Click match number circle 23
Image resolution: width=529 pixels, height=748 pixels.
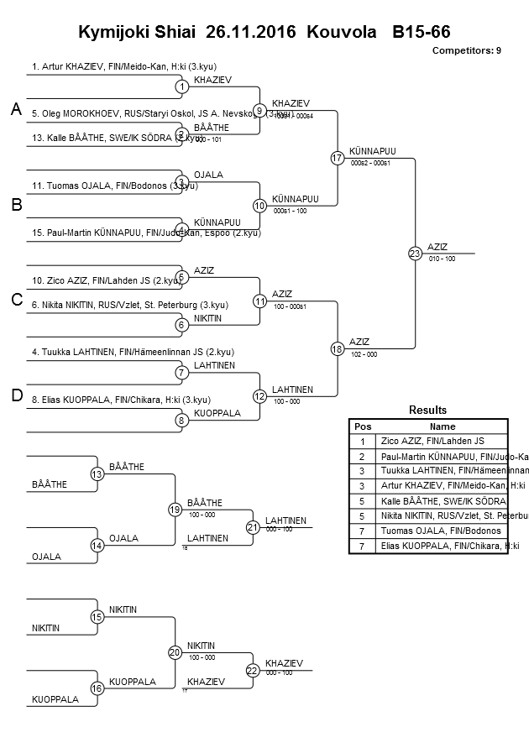point(414,253)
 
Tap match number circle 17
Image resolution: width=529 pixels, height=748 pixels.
point(337,158)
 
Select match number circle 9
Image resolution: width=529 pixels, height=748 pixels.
point(259,110)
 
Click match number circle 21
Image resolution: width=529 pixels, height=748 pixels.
point(252,527)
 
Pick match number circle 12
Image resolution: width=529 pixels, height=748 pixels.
point(259,395)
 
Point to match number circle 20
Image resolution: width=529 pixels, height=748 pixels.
point(175,651)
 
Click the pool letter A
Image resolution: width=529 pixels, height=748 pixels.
point(15,110)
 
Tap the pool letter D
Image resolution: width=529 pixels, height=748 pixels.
point(15,396)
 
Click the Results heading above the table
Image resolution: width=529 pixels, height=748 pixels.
point(427,410)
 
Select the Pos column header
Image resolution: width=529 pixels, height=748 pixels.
point(362,426)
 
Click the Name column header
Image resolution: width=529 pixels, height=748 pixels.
point(442,426)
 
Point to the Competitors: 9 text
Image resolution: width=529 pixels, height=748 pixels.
point(466,50)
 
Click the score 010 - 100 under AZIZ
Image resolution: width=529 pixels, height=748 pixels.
point(442,259)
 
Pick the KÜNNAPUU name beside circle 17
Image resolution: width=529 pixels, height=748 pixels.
point(371,151)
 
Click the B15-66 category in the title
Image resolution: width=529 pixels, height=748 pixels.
point(421,33)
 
